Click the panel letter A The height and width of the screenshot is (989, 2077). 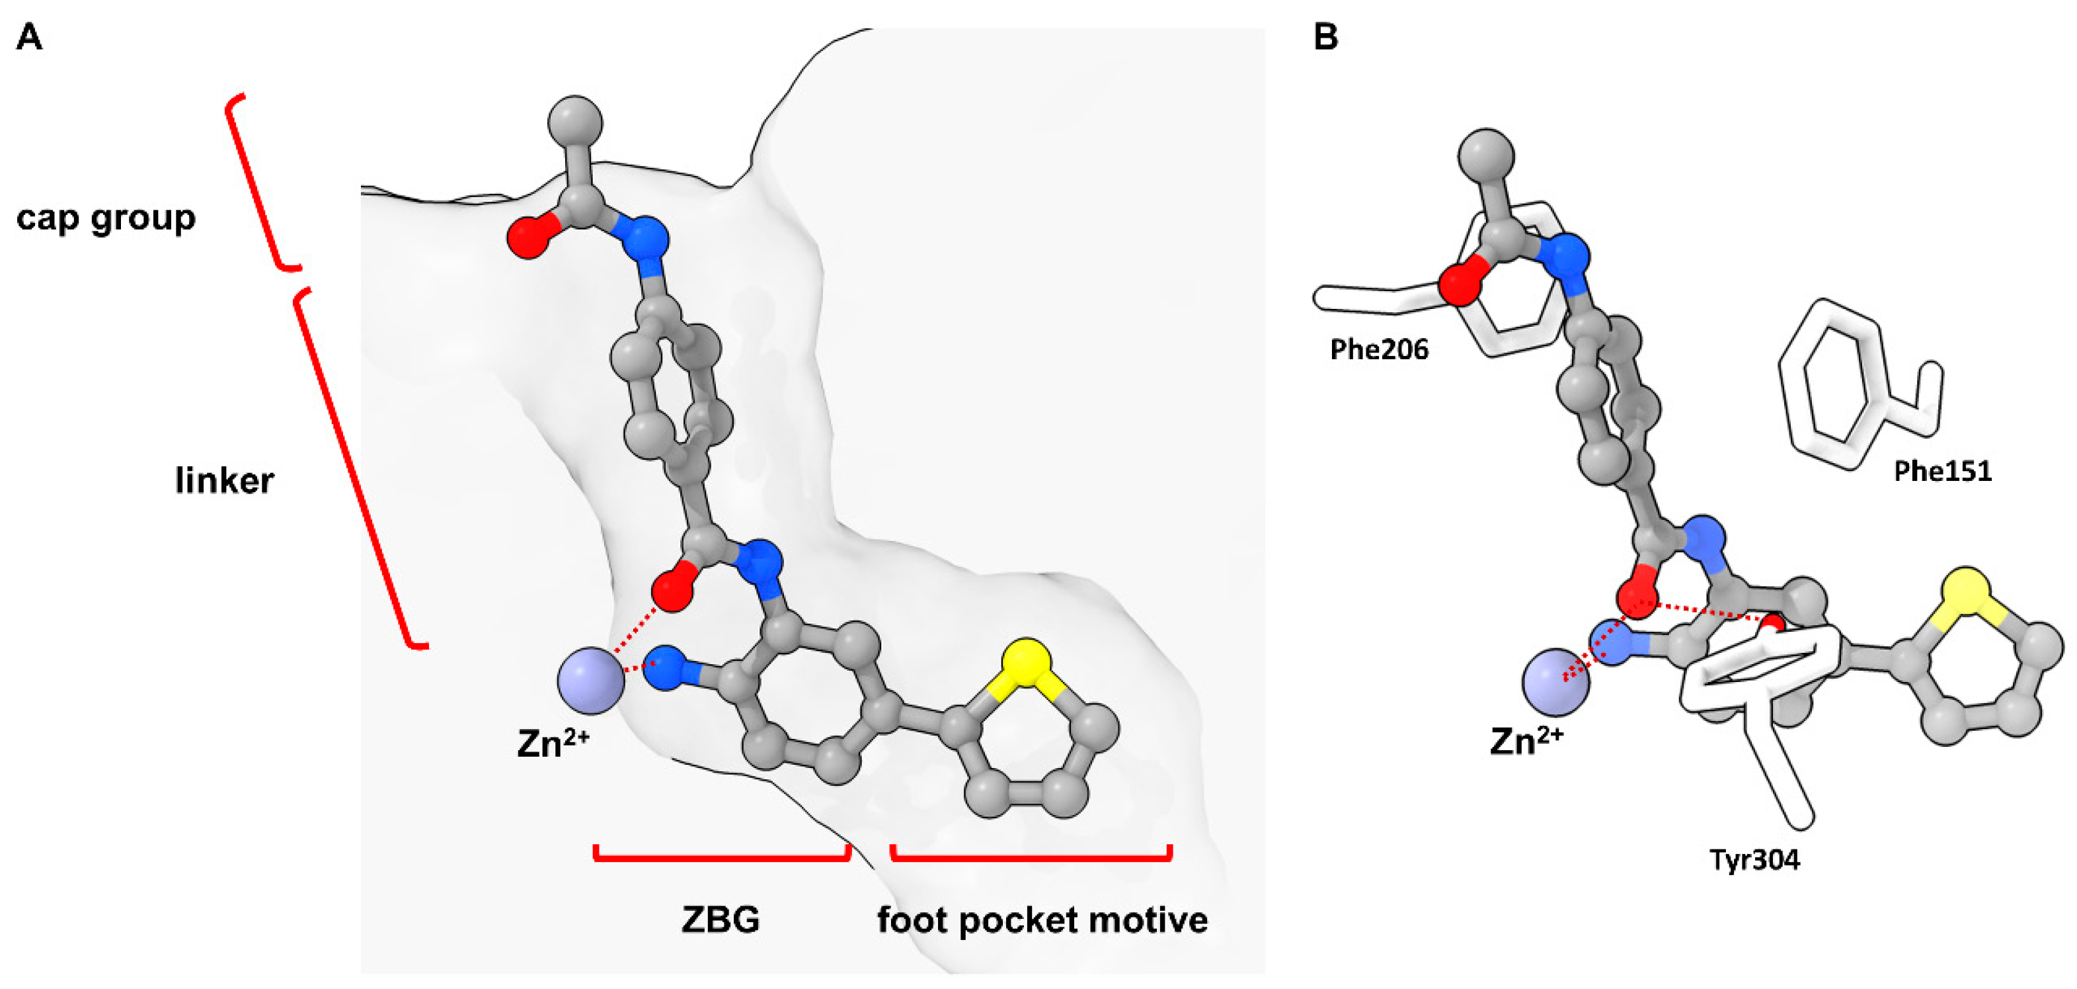click(29, 37)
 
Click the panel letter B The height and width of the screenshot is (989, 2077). click(1325, 37)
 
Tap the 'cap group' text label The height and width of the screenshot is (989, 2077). click(106, 218)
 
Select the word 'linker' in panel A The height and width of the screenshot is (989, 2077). click(224, 481)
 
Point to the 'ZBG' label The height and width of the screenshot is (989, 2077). click(720, 919)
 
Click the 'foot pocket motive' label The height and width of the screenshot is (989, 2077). click(1042, 920)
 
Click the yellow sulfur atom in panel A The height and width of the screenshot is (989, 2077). click(1027, 663)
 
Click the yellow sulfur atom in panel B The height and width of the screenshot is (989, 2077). click(1966, 593)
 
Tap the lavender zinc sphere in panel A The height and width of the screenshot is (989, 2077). click(591, 680)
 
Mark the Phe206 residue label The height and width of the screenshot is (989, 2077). click(1379, 349)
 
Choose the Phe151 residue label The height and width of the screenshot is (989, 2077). click(1942, 471)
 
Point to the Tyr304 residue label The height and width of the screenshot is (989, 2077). click(1754, 860)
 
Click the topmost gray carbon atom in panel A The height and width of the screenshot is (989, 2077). click(575, 124)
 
